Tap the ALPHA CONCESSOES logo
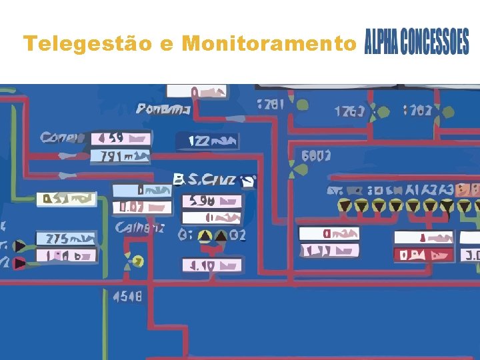pos(417,43)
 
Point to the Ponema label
pos(164,109)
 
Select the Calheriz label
pos(141,228)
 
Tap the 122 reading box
pos(206,141)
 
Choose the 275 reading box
pos(66,239)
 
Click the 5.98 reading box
pos(212,201)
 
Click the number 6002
pos(315,156)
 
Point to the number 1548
pos(127,296)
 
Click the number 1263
pos(349,111)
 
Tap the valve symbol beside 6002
pos(292,172)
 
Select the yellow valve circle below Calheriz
pos(137,261)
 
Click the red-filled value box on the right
pos(423,255)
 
